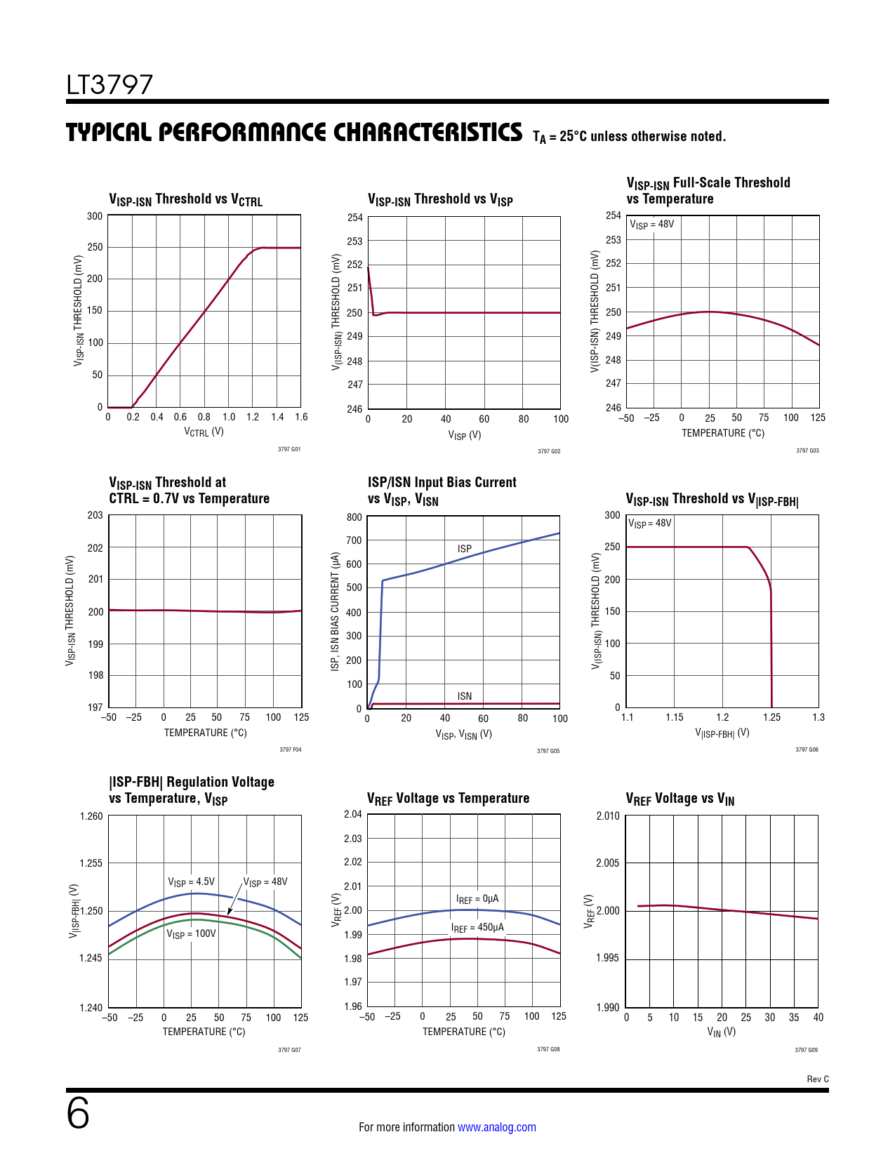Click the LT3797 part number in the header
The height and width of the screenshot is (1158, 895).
pyautogui.click(x=110, y=85)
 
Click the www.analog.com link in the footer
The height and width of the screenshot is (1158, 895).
pyautogui.click(x=496, y=1127)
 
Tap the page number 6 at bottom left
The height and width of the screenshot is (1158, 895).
pyautogui.click(x=78, y=1114)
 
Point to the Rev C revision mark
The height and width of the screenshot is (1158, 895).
pyautogui.click(x=817, y=1079)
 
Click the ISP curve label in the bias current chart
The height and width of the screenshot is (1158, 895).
pyautogui.click(x=465, y=549)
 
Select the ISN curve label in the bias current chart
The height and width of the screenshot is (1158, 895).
pyautogui.click(x=465, y=696)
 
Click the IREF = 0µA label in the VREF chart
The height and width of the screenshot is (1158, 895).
pyautogui.click(x=477, y=899)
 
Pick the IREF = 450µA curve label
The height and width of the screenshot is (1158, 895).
pyautogui.click(x=477, y=928)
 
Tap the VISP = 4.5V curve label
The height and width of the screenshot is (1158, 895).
pyautogui.click(x=191, y=882)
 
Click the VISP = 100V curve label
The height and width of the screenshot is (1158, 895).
pyautogui.click(x=191, y=934)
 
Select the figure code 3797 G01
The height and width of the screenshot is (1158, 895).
pyautogui.click(x=289, y=449)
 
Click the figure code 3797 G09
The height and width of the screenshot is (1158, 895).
pyautogui.click(x=806, y=1050)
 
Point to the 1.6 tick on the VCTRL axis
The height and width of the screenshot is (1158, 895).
pyautogui.click(x=301, y=417)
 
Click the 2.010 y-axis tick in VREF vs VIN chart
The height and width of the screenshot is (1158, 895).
pyautogui.click(x=608, y=816)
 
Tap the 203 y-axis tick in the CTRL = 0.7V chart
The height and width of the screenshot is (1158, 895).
pyautogui.click(x=95, y=515)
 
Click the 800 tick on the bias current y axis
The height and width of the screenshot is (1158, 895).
pyautogui.click(x=354, y=517)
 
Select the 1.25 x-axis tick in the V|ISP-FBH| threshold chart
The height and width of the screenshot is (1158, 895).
pyautogui.click(x=771, y=717)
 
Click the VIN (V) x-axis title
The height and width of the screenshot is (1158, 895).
pyautogui.click(x=722, y=1032)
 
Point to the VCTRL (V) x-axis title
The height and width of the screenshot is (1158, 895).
pyautogui.click(x=204, y=432)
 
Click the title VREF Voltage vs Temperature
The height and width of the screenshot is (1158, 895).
pyautogui.click(x=448, y=799)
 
